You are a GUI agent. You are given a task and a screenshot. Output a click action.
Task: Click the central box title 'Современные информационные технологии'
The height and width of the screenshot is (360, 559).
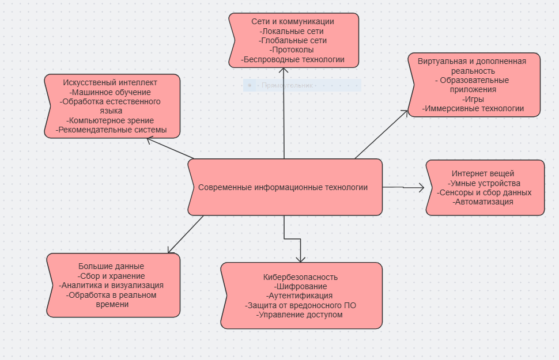pyautogui.click(x=283, y=187)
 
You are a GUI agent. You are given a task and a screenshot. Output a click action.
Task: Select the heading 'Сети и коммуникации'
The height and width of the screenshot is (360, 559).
pyautogui.click(x=293, y=21)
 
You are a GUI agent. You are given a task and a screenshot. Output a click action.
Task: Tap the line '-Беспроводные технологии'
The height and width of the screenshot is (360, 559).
pyautogui.click(x=293, y=59)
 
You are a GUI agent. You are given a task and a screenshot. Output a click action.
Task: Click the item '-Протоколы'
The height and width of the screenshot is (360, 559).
pyautogui.click(x=293, y=50)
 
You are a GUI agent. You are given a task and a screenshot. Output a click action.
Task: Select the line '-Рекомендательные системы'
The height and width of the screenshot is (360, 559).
pyautogui.click(x=111, y=130)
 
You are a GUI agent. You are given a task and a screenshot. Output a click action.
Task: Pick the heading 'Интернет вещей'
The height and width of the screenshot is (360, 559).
pyautogui.click(x=483, y=173)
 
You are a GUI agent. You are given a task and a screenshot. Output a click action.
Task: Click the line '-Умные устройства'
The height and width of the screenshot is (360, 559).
pyautogui.click(x=483, y=183)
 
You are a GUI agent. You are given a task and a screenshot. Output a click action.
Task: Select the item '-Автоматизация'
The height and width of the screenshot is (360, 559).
pyautogui.click(x=483, y=202)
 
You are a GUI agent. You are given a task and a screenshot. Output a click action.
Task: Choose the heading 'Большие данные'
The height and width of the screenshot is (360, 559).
pyautogui.click(x=111, y=266)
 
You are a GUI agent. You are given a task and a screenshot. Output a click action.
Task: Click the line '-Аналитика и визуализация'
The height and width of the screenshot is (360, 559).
pyautogui.click(x=111, y=285)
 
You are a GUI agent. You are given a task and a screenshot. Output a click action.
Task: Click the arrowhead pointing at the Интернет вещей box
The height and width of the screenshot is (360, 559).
pyautogui.click(x=421, y=187)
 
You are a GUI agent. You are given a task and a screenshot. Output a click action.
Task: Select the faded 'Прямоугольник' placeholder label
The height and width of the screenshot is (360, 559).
pyautogui.click(x=287, y=85)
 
